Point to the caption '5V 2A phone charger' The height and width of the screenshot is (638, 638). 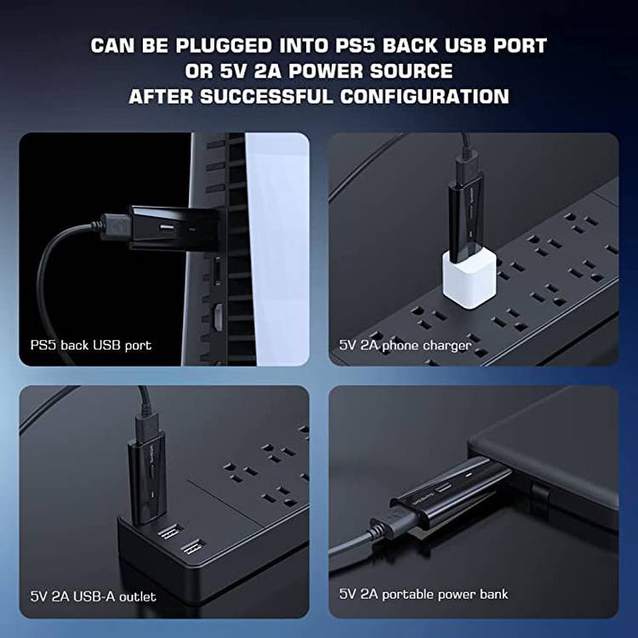click(405, 345)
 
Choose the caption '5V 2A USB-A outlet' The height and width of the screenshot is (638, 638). click(94, 596)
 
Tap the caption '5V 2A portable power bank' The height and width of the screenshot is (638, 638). click(424, 593)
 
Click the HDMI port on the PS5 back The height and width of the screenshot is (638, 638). click(218, 320)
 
